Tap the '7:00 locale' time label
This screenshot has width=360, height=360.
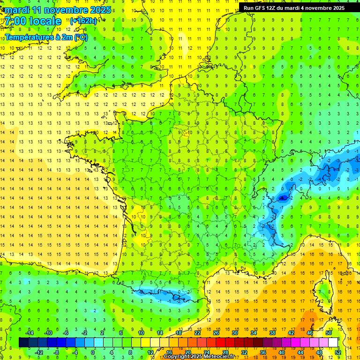[x=33, y=21]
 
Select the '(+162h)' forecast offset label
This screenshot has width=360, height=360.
[x=83, y=21]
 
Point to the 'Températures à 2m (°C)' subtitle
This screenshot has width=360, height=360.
[x=46, y=37]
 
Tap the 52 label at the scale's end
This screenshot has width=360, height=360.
[x=337, y=352]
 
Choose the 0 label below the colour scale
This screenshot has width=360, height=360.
[x=93, y=352]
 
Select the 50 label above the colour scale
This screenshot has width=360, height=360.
[x=328, y=333]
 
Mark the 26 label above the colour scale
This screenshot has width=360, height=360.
[x=216, y=333]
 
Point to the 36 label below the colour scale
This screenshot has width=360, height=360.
[x=262, y=352]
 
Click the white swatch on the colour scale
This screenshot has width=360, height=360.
[x=333, y=343]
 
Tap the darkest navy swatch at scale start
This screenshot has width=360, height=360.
[x=23, y=343]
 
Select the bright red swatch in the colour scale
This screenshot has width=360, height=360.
[x=220, y=343]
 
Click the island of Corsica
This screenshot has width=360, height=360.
[x=322, y=291]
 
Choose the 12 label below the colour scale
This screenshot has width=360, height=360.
[x=150, y=352]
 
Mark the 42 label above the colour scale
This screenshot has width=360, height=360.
[x=291, y=333]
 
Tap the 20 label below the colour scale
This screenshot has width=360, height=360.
[x=187, y=352]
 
